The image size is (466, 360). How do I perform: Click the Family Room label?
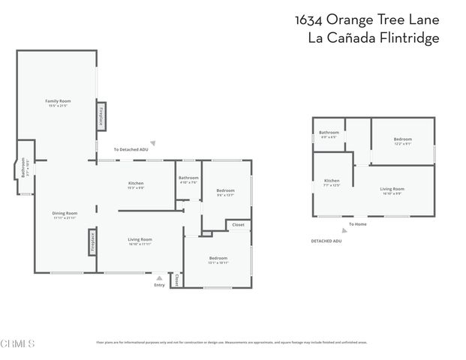[x=58, y=100]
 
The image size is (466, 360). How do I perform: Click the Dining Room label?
[x=65, y=213]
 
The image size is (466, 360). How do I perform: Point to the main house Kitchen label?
[x=136, y=183]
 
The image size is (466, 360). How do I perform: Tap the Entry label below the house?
[x=159, y=285]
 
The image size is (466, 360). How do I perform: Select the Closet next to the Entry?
[x=177, y=280]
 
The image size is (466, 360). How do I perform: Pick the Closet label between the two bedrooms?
[x=238, y=224]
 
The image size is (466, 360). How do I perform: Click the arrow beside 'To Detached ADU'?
[x=152, y=142]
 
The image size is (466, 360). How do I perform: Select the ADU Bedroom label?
[x=403, y=139]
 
